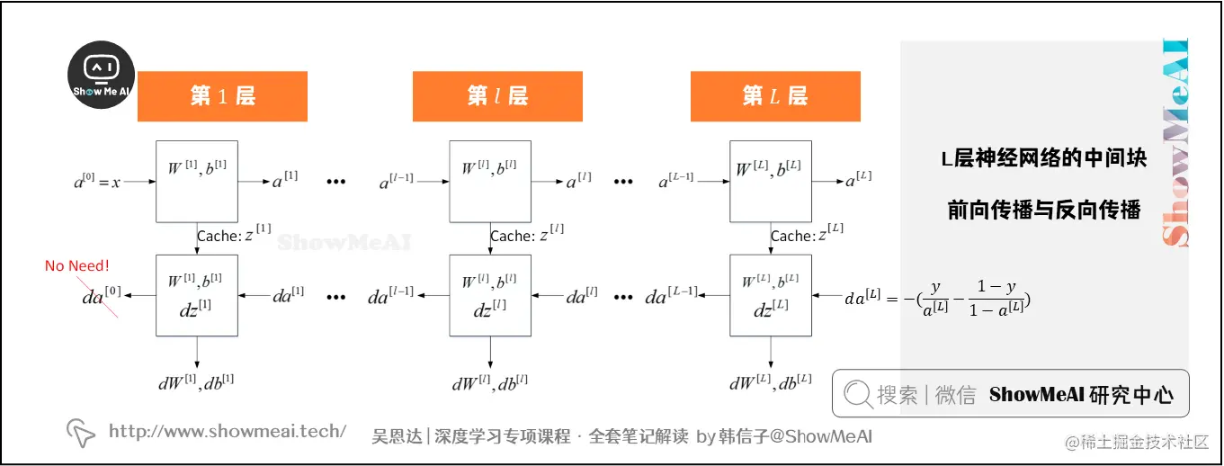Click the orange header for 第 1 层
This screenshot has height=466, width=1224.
click(222, 96)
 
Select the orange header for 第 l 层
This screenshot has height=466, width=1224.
click(497, 96)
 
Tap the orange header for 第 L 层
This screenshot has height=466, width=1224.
click(775, 96)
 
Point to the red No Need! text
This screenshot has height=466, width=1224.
click(77, 265)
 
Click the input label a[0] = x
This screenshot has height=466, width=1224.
click(97, 182)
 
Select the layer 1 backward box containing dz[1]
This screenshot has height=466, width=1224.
click(197, 295)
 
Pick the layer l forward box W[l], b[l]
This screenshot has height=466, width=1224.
click(490, 181)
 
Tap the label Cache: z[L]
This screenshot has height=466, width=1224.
click(808, 236)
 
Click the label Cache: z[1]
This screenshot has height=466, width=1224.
click(234, 236)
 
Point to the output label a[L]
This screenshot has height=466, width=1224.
click(858, 181)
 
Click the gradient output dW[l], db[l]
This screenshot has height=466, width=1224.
click(490, 382)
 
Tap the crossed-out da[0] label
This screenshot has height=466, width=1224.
click(100, 295)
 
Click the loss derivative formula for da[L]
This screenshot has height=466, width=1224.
click(936, 297)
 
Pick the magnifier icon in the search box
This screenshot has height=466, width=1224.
click(858, 393)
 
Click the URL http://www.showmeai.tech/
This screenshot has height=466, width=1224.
click(228, 431)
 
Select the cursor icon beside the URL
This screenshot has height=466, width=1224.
click(81, 433)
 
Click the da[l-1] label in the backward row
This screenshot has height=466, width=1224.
click(390, 295)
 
